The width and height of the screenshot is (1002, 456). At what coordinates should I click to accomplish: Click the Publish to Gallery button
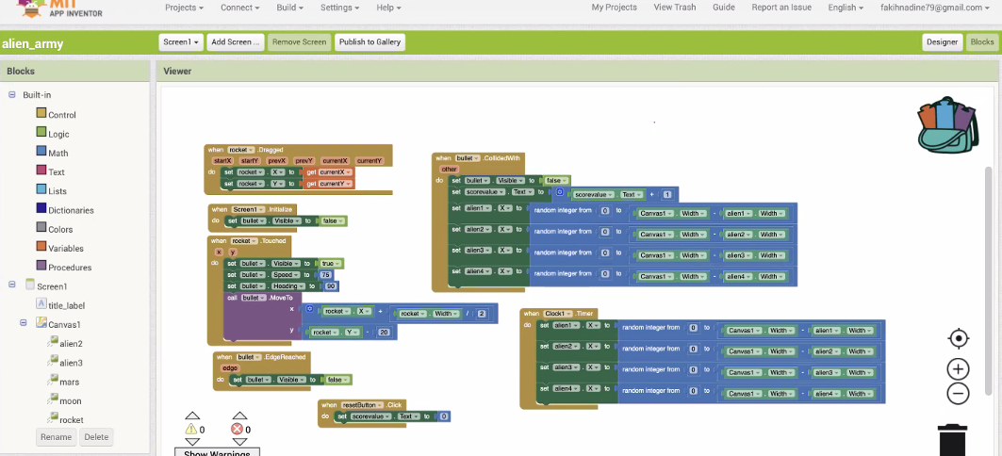(x=370, y=42)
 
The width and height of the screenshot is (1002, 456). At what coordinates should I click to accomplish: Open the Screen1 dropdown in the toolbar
(x=181, y=42)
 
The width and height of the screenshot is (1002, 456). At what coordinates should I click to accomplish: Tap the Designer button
(x=942, y=42)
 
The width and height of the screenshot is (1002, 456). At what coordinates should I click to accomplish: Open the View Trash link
(x=674, y=8)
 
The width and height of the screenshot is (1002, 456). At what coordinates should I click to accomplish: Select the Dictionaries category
(x=70, y=210)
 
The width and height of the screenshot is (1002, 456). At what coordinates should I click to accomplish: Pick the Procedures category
(x=69, y=268)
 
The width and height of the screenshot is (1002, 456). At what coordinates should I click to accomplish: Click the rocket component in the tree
(x=71, y=420)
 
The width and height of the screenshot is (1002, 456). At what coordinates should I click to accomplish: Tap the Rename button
(x=56, y=437)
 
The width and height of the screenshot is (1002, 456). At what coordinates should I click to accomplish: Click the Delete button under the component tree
(x=96, y=437)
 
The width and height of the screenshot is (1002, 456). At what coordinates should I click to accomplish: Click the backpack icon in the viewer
(x=947, y=125)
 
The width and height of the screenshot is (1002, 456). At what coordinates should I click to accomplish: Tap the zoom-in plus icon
(x=958, y=369)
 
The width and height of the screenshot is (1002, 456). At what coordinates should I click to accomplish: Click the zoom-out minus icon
(x=958, y=394)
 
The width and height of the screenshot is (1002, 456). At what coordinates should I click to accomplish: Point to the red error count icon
(x=237, y=430)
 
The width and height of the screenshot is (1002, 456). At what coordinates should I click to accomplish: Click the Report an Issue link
(x=781, y=8)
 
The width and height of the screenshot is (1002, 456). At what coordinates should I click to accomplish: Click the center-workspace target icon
(x=958, y=338)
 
